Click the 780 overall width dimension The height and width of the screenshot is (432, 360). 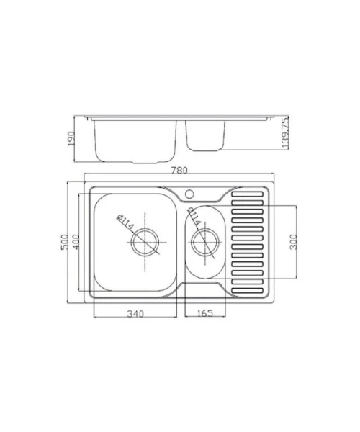179,171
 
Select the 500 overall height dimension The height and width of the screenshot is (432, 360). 64,242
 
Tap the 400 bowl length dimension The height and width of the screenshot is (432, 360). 76,242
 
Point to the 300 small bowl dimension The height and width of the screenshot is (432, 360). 294,242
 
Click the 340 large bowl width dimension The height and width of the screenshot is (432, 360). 135,313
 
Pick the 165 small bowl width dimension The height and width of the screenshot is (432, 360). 205,313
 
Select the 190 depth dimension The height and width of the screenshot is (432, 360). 71,138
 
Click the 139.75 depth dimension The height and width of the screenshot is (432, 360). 285,133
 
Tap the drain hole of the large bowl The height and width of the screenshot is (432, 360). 145,243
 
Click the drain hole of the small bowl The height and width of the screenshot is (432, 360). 205,243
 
